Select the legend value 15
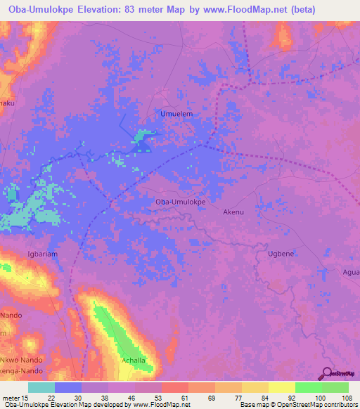coord(25,398)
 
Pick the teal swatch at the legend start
coord(41,387)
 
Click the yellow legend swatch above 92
coord(282,387)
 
